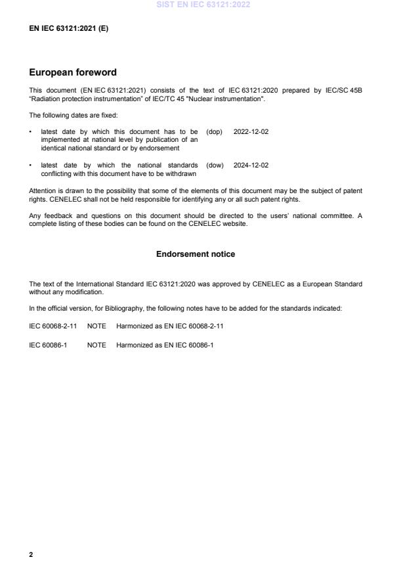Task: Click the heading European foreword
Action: [73, 73]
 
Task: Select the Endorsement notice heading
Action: [195, 254]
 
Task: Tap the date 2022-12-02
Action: [251, 131]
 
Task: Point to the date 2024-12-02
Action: [251, 166]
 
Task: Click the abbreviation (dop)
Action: [215, 131]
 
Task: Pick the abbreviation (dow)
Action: [215, 166]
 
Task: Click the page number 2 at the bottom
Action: [31, 554]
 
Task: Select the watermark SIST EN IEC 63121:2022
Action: [203, 5]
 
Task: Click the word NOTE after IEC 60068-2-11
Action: [96, 326]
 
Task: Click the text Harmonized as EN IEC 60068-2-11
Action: [169, 326]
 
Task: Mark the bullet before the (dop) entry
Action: [31, 131]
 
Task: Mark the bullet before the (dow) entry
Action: [31, 166]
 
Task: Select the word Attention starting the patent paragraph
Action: [43, 190]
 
